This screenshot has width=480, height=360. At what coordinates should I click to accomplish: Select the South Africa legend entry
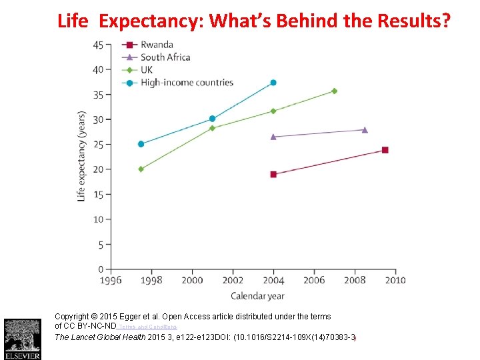tap(165, 57)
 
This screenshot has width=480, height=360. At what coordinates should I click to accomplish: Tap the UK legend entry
tap(147, 70)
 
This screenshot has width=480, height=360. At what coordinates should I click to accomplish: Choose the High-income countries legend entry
tap(187, 83)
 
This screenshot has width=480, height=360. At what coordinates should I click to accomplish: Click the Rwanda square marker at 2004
tap(273, 175)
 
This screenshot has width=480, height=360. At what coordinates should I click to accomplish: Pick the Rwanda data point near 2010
tap(385, 150)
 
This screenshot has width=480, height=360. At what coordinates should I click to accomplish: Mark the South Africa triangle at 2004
tap(273, 137)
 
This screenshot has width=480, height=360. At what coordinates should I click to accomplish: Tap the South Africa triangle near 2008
tap(365, 129)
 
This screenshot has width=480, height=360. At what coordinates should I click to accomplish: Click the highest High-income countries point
tap(273, 83)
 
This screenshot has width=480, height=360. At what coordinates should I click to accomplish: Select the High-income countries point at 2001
tap(212, 119)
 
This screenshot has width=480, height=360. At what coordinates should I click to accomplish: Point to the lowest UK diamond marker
tap(141, 169)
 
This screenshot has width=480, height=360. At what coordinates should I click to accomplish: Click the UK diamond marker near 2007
tap(334, 91)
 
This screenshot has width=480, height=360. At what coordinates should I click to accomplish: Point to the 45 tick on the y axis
tap(99, 45)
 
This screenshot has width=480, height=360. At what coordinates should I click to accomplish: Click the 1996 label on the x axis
tap(111, 281)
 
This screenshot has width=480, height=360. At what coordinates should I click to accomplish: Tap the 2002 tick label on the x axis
tap(233, 281)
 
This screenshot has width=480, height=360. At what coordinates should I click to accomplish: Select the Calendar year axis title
tap(257, 295)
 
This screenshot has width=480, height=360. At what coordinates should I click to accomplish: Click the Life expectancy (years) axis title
tap(81, 156)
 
